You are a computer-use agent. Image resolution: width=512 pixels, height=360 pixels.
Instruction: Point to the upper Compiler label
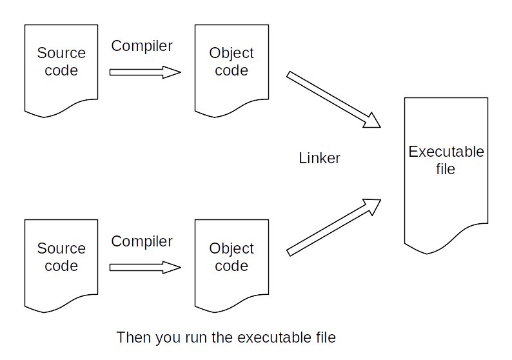(142, 46)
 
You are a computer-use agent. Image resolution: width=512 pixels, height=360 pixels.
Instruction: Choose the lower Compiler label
(142, 241)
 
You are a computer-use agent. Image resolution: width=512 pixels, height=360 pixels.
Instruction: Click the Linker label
(319, 158)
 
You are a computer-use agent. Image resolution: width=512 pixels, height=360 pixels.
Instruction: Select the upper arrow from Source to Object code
(145, 72)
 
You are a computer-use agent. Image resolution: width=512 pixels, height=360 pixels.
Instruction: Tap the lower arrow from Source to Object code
(145, 267)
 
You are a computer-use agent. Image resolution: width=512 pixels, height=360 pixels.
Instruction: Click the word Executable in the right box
(446, 152)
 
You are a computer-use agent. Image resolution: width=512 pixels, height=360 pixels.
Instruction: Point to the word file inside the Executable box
(446, 169)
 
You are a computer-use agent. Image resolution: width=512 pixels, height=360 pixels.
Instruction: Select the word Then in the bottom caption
(131, 337)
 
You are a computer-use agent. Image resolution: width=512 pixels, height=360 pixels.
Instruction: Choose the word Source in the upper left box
(61, 53)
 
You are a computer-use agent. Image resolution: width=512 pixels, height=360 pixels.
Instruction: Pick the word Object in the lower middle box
(231, 248)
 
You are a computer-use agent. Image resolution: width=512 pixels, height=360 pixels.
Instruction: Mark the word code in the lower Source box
(61, 266)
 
